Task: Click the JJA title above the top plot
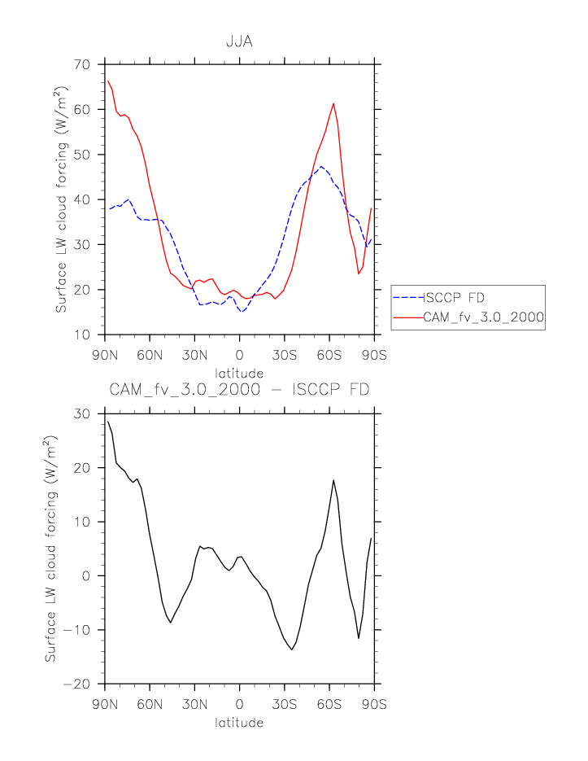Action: (x=239, y=42)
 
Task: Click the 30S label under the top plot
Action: (x=285, y=355)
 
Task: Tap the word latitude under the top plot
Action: (x=239, y=373)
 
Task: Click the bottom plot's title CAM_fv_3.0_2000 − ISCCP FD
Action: (x=239, y=390)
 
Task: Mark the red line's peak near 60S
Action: (x=333, y=103)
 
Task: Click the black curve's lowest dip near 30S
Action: (x=291, y=649)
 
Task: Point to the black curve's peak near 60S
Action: (x=333, y=480)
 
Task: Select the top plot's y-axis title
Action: (x=61, y=199)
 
